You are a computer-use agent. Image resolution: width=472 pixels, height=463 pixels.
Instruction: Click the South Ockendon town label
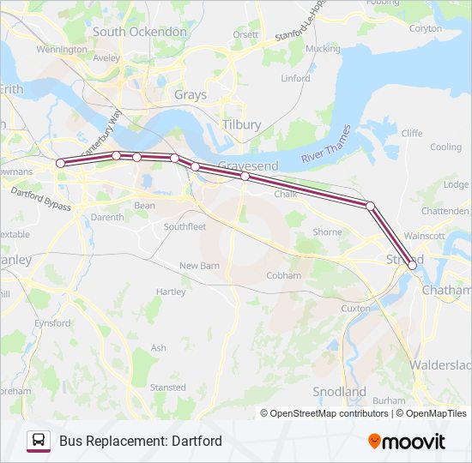139,32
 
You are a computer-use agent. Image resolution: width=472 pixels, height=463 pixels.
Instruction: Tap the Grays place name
190,95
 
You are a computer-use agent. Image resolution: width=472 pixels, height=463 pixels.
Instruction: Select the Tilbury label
241,124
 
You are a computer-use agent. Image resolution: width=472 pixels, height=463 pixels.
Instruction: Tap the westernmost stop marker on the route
60,163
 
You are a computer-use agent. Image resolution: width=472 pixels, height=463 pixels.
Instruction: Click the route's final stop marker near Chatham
413,266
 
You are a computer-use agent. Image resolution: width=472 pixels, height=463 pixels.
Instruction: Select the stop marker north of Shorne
370,206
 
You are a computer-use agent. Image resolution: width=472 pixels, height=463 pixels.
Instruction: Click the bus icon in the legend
39,441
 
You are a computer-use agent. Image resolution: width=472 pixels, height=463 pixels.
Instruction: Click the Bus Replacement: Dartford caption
140,441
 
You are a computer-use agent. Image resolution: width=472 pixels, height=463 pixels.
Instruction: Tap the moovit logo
407,442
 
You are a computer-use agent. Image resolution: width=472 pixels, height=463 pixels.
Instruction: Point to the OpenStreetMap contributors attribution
329,413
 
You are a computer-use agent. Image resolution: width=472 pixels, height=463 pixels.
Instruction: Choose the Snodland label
339,392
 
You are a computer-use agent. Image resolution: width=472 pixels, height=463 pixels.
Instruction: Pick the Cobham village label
284,275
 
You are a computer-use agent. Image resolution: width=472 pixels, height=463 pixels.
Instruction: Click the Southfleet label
185,227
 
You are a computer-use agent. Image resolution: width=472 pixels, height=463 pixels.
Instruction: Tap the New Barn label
200,266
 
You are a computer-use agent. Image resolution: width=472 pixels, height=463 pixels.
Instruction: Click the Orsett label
245,34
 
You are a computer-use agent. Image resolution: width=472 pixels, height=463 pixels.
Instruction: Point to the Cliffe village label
412,133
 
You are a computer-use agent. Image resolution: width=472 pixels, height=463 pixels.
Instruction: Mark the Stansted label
167,388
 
